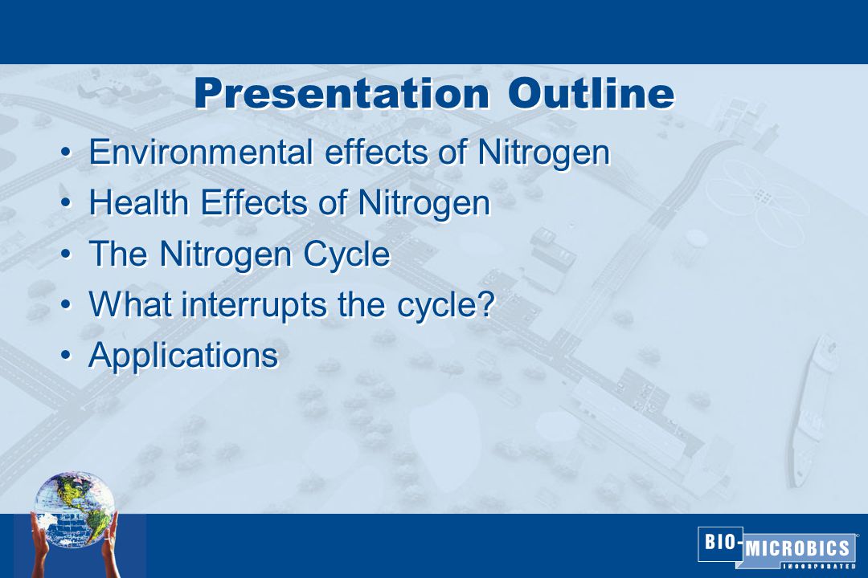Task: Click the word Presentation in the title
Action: (342, 94)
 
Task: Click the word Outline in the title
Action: (591, 93)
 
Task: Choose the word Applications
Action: (183, 356)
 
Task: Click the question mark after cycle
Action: (485, 303)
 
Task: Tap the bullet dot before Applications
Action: (67, 356)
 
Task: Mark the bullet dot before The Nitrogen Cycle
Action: (67, 254)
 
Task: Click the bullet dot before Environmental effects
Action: (67, 152)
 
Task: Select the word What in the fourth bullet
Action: (130, 303)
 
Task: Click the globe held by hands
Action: (74, 510)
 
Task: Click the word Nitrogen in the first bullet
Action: (543, 152)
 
